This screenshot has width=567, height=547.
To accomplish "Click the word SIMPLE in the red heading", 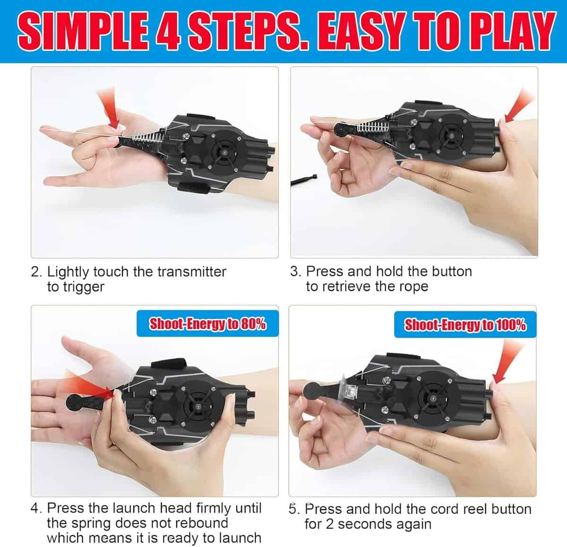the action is tap(83, 32).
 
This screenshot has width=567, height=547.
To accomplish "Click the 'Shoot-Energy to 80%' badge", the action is tap(207, 324).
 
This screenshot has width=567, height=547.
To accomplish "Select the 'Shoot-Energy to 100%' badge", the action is tap(465, 325).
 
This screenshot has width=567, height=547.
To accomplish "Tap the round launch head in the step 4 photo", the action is tap(75, 403).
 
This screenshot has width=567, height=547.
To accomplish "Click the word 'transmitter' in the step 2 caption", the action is tap(192, 272).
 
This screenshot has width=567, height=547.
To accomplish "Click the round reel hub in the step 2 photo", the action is tap(225, 152).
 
